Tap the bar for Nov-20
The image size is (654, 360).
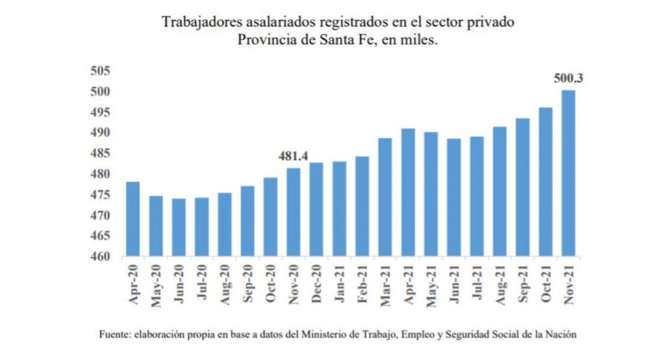click(293, 212)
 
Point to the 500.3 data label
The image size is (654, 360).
click(568, 78)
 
